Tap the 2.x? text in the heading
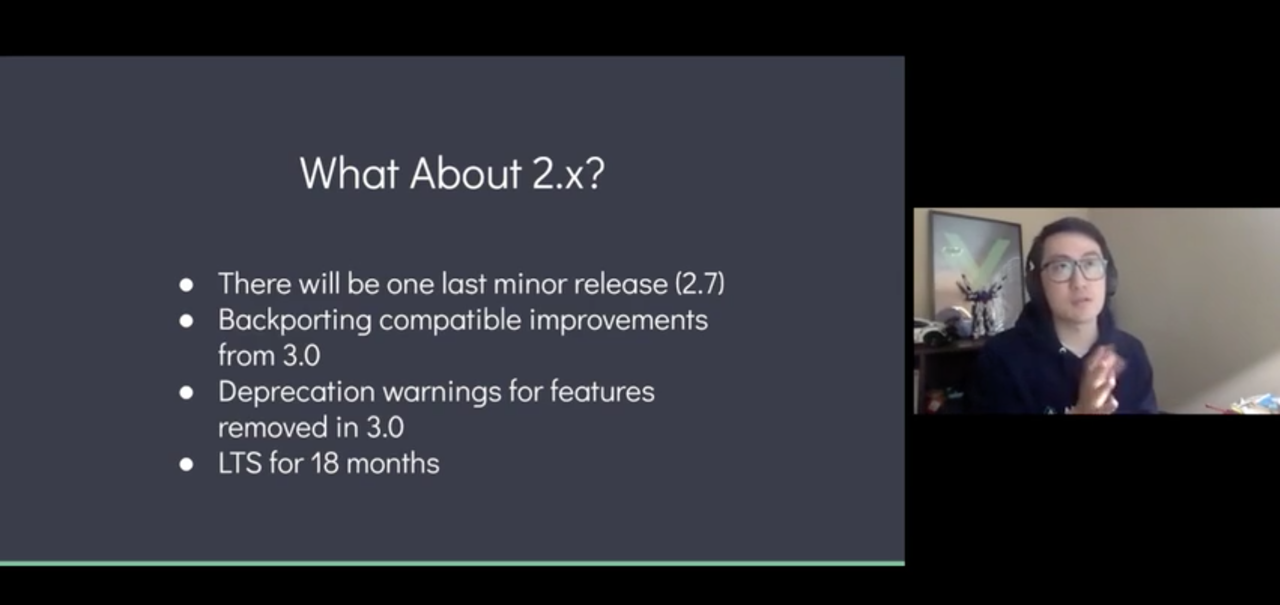pyautogui.click(x=568, y=173)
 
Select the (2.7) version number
pyautogui.click(x=700, y=284)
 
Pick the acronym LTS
pyautogui.click(x=240, y=463)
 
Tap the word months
pyautogui.click(x=393, y=463)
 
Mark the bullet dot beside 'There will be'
pyautogui.click(x=186, y=285)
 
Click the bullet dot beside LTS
pyautogui.click(x=186, y=464)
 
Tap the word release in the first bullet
pyautogui.click(x=620, y=284)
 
